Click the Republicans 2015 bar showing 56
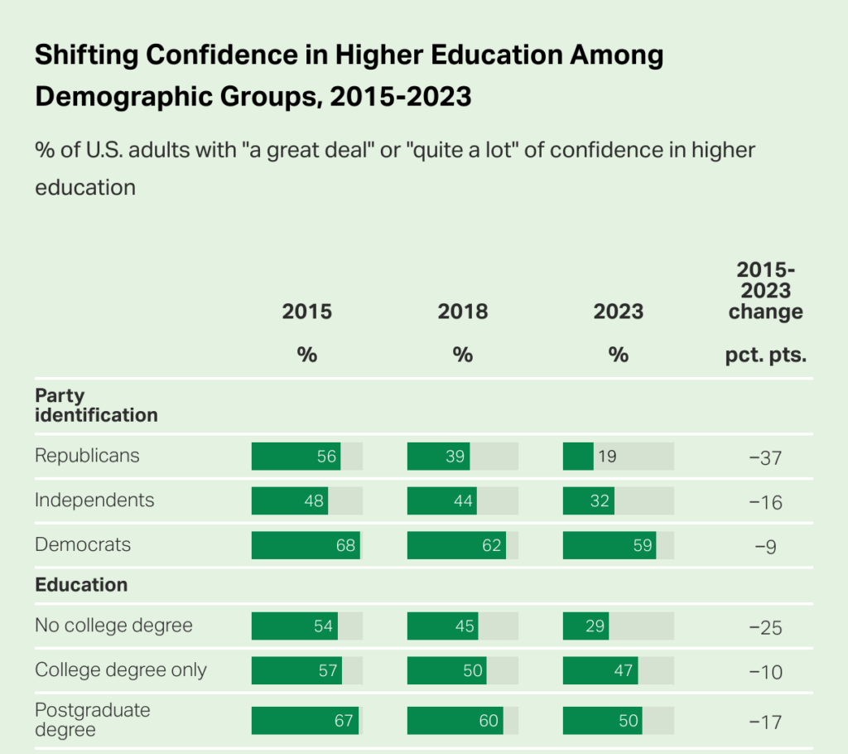pos(296,457)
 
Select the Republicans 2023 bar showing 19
pos(579,457)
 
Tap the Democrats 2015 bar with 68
pos(306,545)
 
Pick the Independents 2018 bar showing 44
pos(442,500)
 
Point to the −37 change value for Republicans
pos(765,457)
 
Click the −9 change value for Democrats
pos(765,546)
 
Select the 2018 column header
pos(463,312)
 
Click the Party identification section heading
pos(96,405)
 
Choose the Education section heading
pos(81,585)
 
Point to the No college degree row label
pos(113,625)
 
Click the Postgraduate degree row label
pos(93,720)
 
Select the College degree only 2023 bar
pos(600,669)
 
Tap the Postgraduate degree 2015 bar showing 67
pos(305,721)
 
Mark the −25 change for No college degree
pos(765,627)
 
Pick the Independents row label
pos(94,500)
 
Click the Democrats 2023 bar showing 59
pos(609,545)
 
